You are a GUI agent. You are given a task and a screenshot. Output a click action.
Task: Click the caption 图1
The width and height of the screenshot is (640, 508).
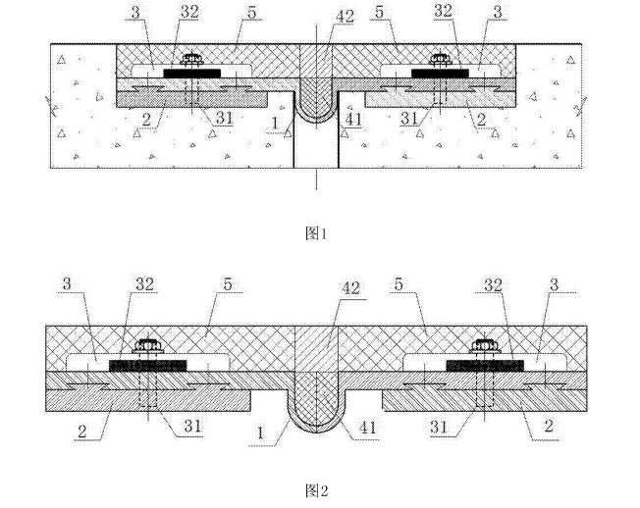[315, 233]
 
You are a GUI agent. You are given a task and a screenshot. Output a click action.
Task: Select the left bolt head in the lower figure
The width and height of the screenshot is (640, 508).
[152, 346]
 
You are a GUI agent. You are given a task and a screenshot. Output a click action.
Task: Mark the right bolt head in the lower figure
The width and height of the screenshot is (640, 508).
[483, 346]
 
